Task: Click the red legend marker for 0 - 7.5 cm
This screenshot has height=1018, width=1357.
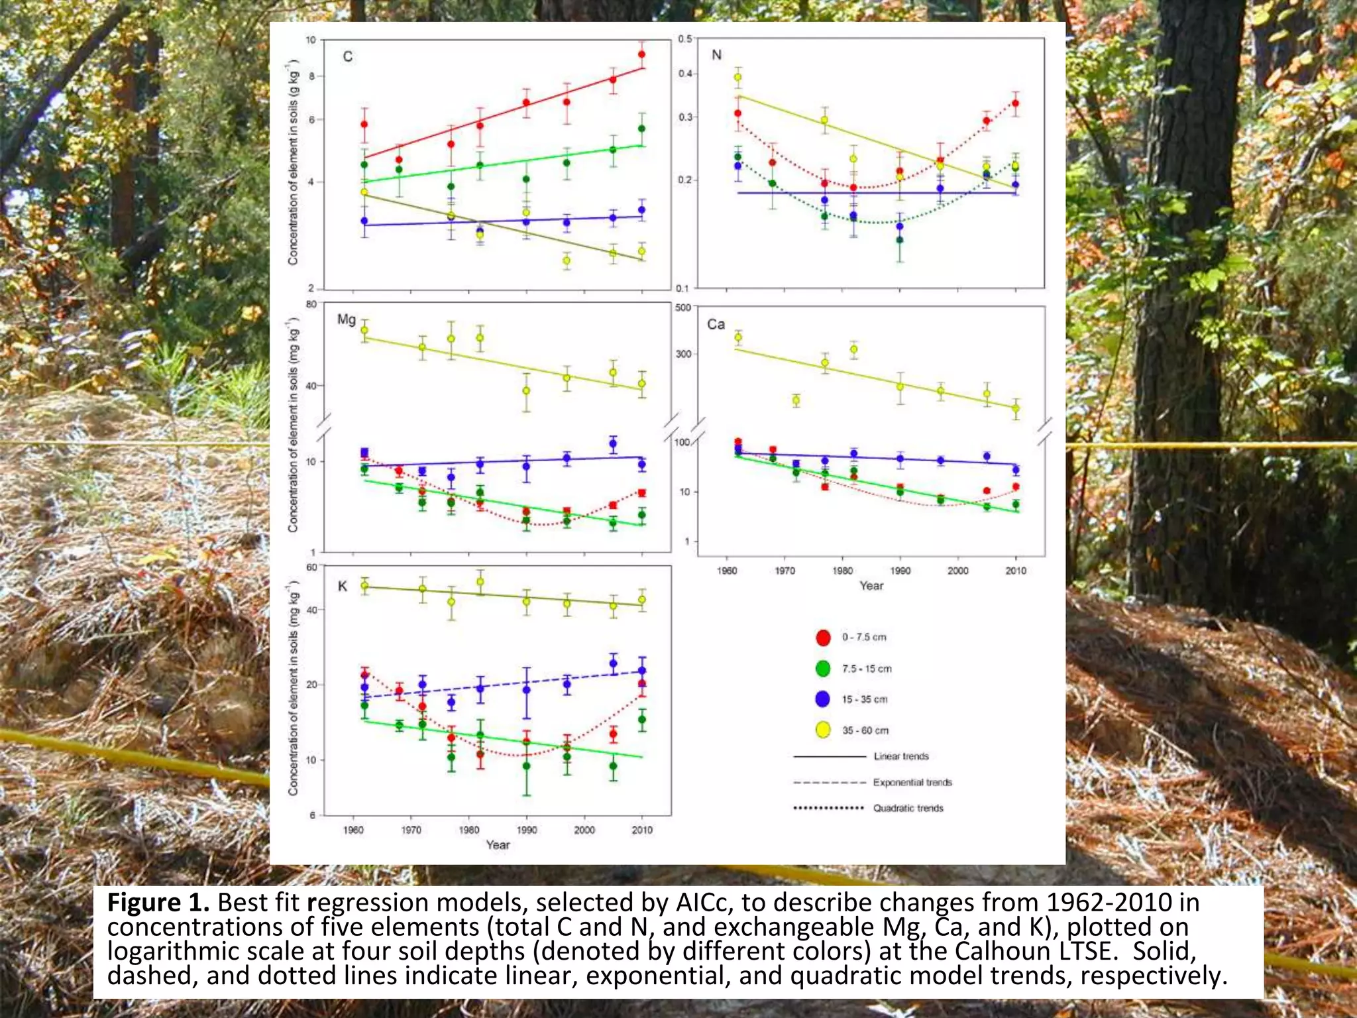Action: click(823, 638)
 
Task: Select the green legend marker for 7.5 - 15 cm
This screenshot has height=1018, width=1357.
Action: click(823, 669)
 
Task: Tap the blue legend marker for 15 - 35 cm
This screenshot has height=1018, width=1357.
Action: click(823, 699)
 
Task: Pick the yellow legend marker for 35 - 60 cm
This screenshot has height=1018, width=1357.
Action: click(823, 730)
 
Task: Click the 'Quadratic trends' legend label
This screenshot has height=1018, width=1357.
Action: click(908, 808)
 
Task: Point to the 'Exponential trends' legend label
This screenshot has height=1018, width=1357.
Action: click(912, 782)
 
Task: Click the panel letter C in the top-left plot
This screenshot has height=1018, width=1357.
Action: click(347, 57)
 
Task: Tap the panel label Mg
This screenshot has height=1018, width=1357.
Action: click(347, 319)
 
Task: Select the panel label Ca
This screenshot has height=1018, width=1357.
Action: click(716, 324)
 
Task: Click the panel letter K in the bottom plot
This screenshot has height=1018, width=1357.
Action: click(343, 586)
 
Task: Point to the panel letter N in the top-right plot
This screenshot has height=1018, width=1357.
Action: click(716, 55)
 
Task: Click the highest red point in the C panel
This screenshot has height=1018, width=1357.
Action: click(641, 55)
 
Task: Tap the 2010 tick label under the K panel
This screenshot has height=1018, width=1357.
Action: click(641, 830)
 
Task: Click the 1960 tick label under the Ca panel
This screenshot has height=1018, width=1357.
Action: click(727, 571)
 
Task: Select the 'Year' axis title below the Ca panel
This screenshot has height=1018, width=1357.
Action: click(871, 586)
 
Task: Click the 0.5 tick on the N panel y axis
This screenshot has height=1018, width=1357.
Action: click(685, 39)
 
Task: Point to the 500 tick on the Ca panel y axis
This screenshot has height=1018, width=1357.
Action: click(682, 308)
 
